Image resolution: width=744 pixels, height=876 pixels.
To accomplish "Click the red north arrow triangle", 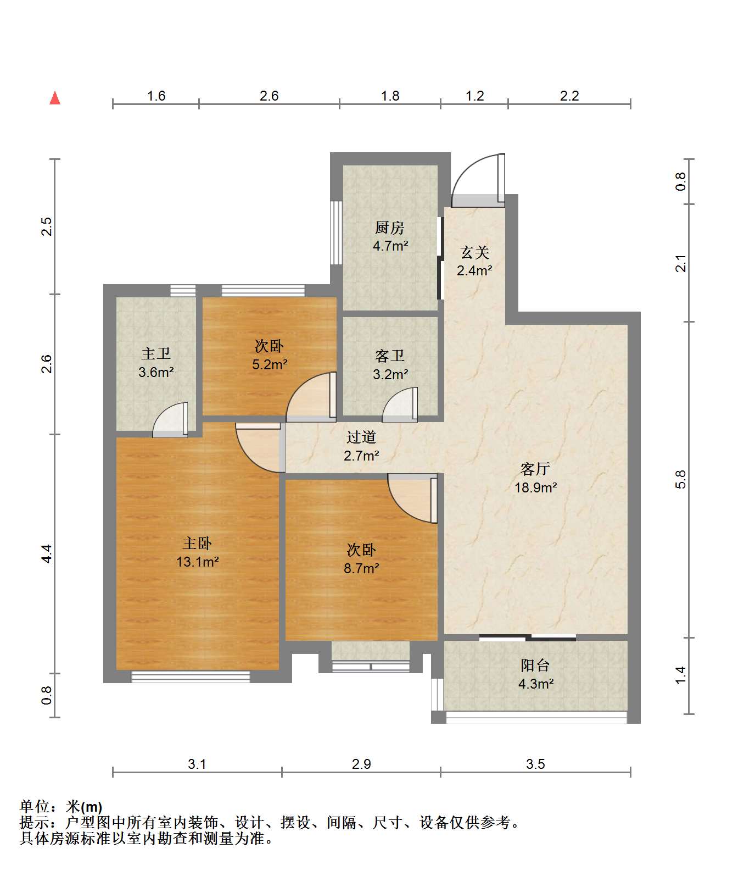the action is point(55,98).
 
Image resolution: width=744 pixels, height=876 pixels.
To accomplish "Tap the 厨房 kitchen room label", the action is point(390,228).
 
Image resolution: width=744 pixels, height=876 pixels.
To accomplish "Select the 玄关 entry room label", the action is point(474,253).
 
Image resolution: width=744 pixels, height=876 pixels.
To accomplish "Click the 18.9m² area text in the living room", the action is point(535,487).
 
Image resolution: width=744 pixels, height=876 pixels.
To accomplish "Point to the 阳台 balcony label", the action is point(535,666).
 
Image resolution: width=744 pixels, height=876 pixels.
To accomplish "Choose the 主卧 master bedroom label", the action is point(197,544).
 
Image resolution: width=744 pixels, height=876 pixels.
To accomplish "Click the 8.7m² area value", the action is point(361,568).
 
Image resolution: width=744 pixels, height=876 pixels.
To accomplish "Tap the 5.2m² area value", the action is point(270,364).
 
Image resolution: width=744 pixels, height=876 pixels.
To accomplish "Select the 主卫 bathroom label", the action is point(156,353).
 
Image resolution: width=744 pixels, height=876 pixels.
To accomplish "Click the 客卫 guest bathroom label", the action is point(390,356).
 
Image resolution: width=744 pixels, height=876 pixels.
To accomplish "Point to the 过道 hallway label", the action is point(361,437).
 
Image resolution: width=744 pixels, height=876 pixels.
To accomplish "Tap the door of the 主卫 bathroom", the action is point(170,420).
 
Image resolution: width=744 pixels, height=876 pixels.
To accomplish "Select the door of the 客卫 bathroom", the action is point(400,404).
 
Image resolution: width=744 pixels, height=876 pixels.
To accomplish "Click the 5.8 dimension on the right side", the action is point(681,479).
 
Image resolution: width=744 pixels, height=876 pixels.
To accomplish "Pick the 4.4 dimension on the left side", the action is point(47,553).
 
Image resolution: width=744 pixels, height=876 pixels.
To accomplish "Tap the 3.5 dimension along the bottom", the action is point(535,764).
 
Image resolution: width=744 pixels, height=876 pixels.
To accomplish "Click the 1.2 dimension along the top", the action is point(475,96).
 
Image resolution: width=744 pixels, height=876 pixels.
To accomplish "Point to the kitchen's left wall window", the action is point(335,233).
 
